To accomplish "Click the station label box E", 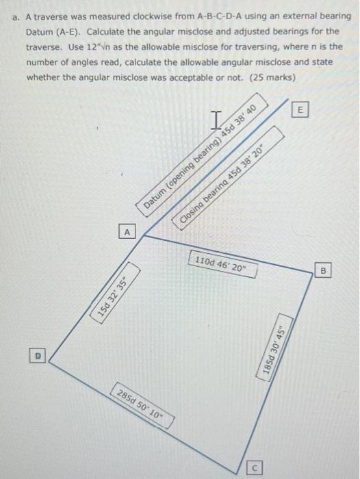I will pyautogui.click(x=300, y=109).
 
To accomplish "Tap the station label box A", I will pyautogui.click(x=126, y=233).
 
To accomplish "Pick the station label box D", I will pyautogui.click(x=38, y=354).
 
